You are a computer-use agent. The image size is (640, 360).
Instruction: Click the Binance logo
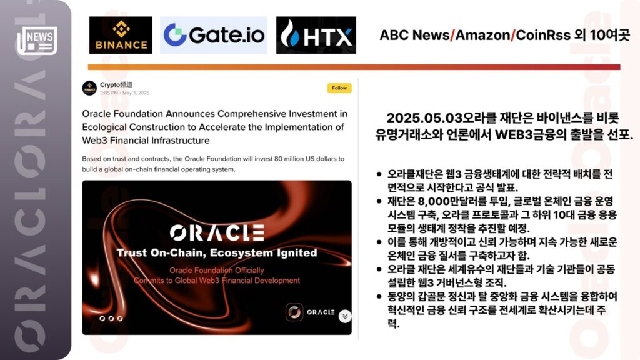point(121,35)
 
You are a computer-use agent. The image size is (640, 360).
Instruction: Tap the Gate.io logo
point(214,35)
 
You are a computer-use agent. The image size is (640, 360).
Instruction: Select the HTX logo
point(316,35)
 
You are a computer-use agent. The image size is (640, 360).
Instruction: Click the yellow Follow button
point(339,87)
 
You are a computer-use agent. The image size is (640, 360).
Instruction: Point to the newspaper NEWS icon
point(37,41)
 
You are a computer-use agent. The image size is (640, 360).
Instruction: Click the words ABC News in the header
point(414,35)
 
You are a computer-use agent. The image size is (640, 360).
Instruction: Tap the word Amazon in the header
point(482,35)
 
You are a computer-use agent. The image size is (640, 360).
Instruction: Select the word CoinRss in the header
point(543,35)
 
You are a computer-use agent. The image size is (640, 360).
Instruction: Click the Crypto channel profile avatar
point(89,87)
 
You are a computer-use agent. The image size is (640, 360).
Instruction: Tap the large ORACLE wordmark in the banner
point(217,232)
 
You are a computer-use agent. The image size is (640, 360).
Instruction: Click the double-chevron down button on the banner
point(345,316)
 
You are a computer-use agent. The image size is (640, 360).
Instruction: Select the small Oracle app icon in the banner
point(294,312)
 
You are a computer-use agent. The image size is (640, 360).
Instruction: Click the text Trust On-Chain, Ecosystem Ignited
point(217,253)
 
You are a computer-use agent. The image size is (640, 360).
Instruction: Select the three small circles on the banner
point(111,318)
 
